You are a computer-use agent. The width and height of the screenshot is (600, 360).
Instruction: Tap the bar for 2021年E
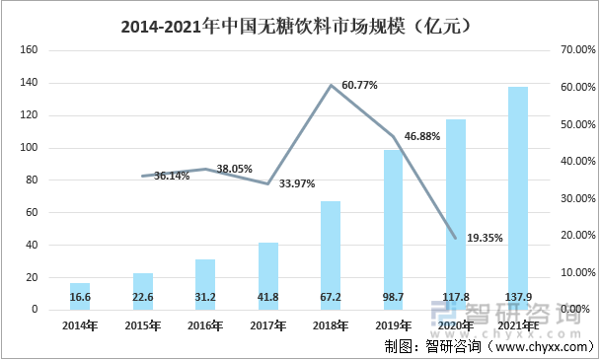tap(517, 198)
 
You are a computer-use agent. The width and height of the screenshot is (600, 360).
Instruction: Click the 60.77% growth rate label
tap(360, 86)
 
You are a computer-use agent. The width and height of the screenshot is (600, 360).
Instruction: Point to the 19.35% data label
tap(485, 238)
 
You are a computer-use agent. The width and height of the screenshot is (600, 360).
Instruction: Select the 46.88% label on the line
tap(421, 137)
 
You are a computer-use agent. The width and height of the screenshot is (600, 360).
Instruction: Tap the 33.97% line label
tap(297, 182)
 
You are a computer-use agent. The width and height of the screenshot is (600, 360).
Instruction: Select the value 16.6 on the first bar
tap(80, 296)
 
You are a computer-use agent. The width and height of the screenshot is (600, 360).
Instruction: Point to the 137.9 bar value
tap(517, 296)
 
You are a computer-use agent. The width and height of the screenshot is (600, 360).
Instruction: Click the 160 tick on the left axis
tap(29, 50)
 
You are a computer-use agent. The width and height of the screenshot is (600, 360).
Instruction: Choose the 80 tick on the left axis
tap(32, 180)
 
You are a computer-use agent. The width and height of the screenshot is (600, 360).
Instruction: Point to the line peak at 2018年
tap(330, 85)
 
